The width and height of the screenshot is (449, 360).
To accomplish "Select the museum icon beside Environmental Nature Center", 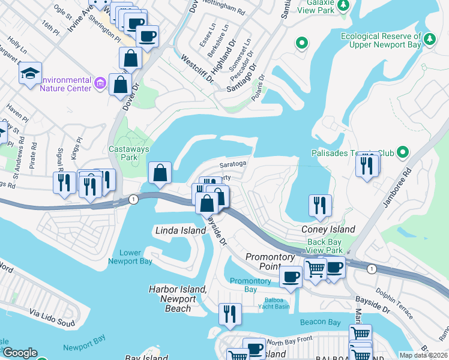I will (x=100, y=82).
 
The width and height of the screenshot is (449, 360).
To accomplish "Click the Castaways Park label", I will (x=123, y=154).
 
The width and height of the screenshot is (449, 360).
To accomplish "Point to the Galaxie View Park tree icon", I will (x=343, y=5).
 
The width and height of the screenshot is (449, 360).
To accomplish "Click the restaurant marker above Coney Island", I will (x=320, y=205).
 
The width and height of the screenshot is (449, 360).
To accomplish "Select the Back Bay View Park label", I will (x=324, y=246).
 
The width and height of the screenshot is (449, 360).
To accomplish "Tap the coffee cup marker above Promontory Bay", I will (x=291, y=277).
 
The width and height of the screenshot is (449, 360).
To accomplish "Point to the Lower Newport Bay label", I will (x=130, y=256).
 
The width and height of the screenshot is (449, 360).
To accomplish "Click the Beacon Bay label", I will (x=321, y=322).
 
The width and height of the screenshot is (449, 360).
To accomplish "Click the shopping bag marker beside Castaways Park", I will (x=160, y=173).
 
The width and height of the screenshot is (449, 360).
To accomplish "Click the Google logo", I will (x=20, y=353).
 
